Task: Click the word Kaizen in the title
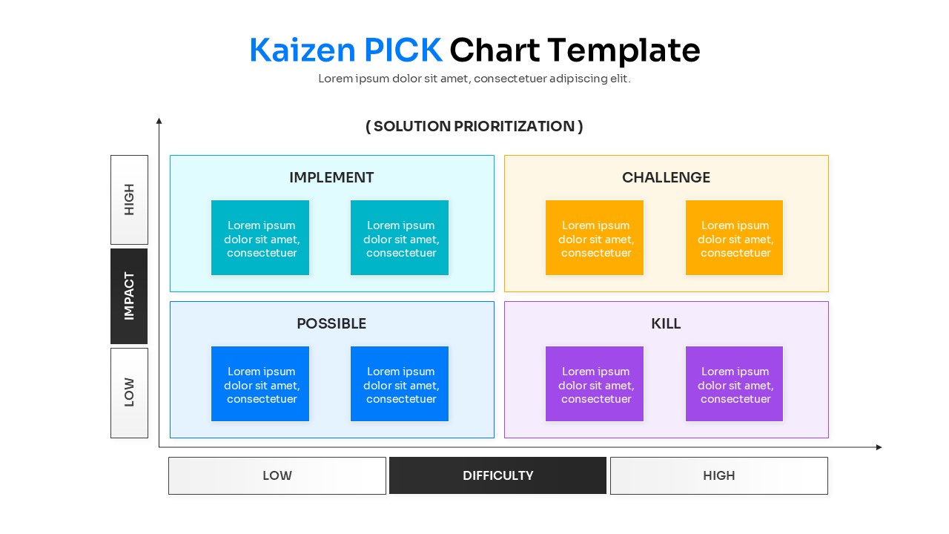[x=302, y=50]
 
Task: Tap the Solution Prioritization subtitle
[x=474, y=126]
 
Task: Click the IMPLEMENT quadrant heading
[x=331, y=177]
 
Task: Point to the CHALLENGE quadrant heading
[x=666, y=177]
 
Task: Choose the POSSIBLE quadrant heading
[x=331, y=323]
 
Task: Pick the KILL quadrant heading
[x=666, y=323]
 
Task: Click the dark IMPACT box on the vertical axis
[x=129, y=296]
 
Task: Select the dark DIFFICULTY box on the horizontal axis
[x=497, y=475]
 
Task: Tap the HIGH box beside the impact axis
[x=129, y=200]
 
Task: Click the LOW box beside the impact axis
[x=129, y=392]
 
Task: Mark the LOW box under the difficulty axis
[x=277, y=475]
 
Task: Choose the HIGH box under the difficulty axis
[x=718, y=475]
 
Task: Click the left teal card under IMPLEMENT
[x=260, y=238]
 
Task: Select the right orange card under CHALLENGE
[x=734, y=238]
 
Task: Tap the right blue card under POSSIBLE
[x=400, y=384]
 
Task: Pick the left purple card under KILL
[x=595, y=384]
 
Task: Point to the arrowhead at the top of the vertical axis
[x=159, y=120]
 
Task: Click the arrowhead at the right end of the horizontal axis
[x=879, y=447]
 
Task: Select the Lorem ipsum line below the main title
[x=474, y=79]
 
